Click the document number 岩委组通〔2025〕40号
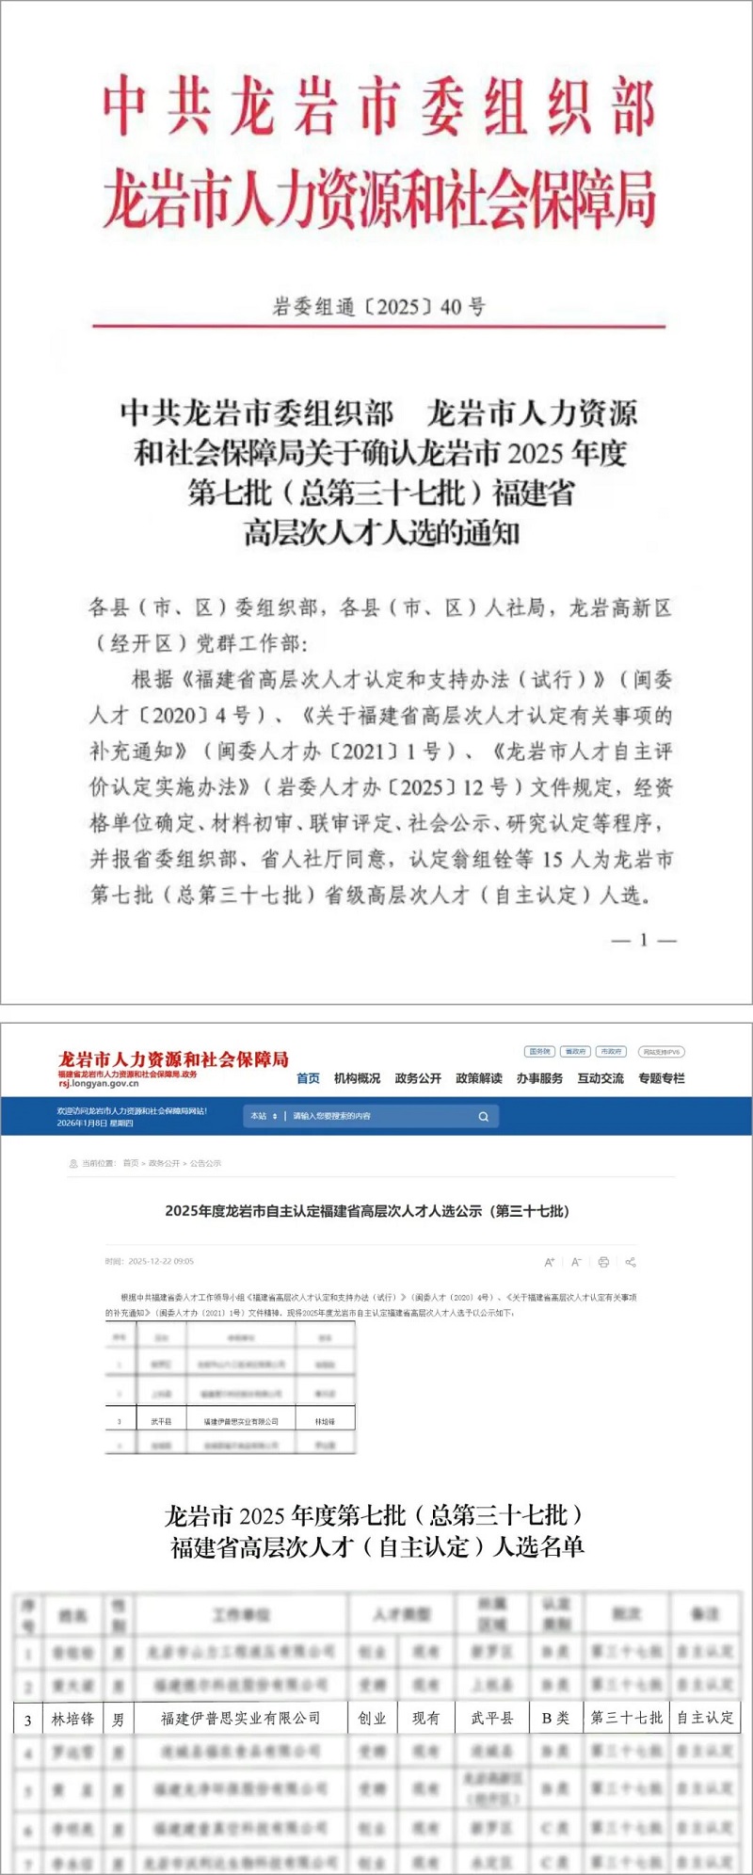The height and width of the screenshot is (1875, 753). tap(378, 306)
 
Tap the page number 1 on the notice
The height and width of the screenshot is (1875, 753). tap(644, 939)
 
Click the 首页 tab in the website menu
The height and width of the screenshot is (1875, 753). tap(308, 1078)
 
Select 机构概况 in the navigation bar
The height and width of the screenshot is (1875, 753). tap(358, 1078)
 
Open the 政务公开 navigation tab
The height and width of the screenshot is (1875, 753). tap(418, 1078)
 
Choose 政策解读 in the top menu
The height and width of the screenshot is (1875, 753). tap(479, 1078)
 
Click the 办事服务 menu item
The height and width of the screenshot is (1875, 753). tap(539, 1078)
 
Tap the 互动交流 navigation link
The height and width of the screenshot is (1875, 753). tap(601, 1078)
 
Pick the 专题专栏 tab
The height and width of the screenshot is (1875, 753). tap(662, 1078)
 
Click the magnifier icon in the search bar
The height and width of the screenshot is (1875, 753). tap(484, 1117)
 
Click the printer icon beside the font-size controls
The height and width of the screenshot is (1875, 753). tap(603, 1262)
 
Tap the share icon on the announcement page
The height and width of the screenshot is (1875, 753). tap(631, 1262)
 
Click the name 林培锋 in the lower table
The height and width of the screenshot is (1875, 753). tap(72, 1719)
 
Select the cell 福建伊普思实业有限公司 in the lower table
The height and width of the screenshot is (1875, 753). tap(241, 1719)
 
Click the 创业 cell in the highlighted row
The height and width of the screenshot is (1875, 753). tap(373, 1719)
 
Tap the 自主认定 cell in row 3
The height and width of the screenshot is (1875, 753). tap(705, 1719)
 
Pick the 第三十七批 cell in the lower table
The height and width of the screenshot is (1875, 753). tap(627, 1719)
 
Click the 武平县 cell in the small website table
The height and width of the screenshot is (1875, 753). tap(161, 1421)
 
